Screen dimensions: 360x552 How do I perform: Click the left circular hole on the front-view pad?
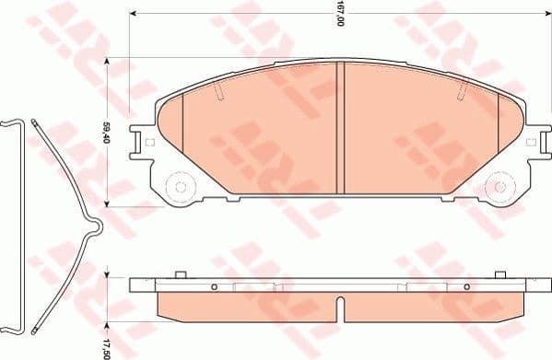pos(181,187)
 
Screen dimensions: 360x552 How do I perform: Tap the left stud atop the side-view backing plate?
pos(177,274)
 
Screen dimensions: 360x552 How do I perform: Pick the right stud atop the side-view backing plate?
pos(501,274)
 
